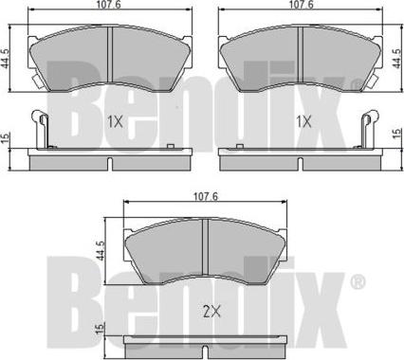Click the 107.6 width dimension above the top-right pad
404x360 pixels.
point(302,6)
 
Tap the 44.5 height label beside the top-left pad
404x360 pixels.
point(5,58)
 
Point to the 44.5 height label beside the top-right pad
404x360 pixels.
point(396,58)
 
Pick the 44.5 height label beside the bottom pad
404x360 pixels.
point(100,250)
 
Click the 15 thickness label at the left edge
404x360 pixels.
point(5,138)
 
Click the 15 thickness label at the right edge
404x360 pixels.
point(396,133)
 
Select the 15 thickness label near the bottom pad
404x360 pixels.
point(100,329)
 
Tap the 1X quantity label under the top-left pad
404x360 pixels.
point(115,121)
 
